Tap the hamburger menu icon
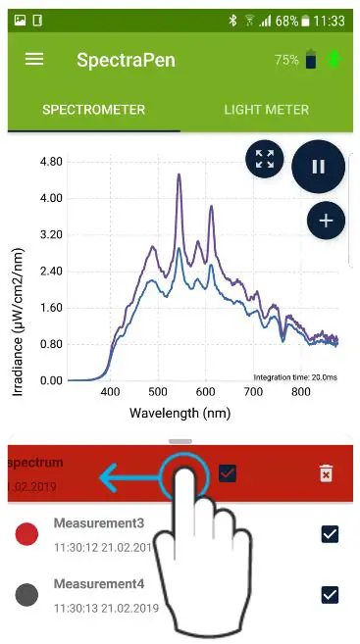[x=34, y=59]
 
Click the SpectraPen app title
[x=126, y=60]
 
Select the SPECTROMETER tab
[x=93, y=110]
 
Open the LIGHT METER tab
[x=266, y=110]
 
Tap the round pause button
[x=318, y=167]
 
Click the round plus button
[x=326, y=221]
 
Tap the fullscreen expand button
[x=264, y=160]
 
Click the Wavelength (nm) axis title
[x=180, y=413]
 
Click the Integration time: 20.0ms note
[x=296, y=377]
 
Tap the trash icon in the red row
[x=326, y=474]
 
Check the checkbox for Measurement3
[x=330, y=534]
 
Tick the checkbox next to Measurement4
[x=330, y=594]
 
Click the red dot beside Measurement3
[x=27, y=534]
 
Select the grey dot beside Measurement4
[x=27, y=594]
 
